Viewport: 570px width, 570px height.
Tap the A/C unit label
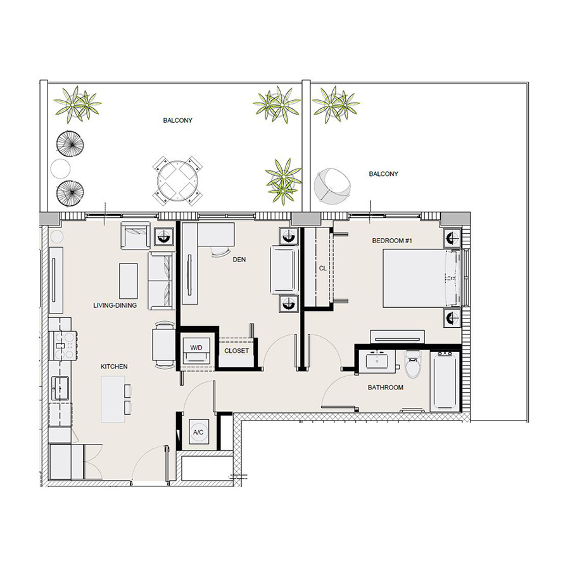[198, 433]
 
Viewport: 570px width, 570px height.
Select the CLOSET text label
[236, 350]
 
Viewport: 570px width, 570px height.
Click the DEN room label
[239, 259]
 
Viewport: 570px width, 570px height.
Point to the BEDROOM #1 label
[389, 241]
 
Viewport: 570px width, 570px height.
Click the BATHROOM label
[386, 388]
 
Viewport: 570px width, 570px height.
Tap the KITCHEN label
[114, 367]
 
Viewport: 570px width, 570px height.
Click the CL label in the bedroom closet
[322, 268]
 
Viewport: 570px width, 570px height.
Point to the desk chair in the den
[220, 252]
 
